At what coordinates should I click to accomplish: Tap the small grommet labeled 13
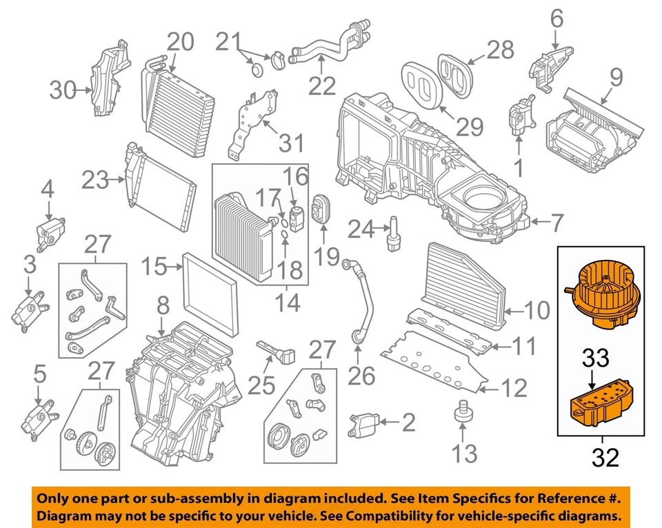pos(462,414)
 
